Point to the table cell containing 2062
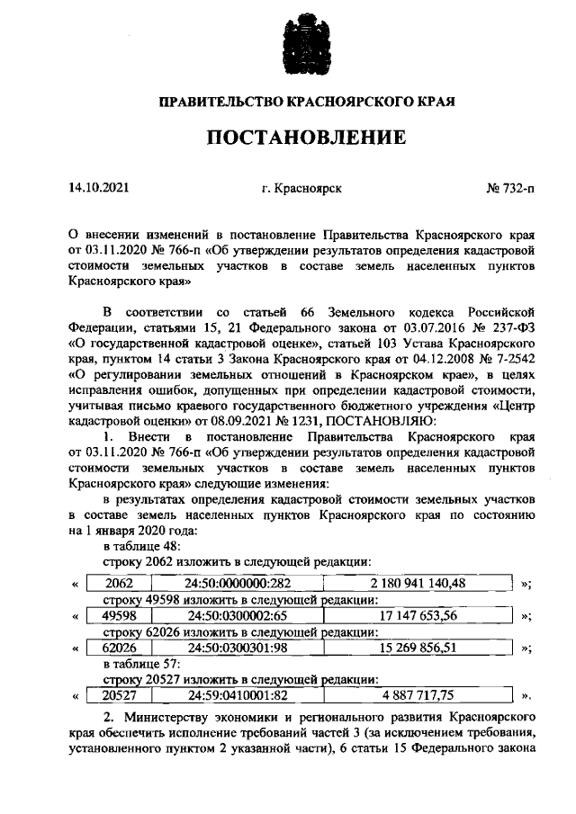click(119, 584)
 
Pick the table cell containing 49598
click(119, 615)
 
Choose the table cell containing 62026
click(119, 647)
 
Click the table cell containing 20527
click(119, 694)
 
